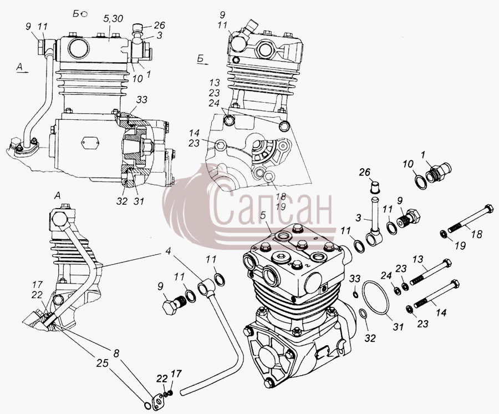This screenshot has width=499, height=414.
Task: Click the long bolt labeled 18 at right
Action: point(470,219)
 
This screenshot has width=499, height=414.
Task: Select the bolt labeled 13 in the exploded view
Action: point(430,271)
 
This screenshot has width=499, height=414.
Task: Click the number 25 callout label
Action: point(103,363)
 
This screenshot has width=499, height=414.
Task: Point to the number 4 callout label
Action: point(168,251)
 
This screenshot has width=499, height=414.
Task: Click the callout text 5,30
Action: point(113,19)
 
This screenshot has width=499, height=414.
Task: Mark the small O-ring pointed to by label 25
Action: point(147,406)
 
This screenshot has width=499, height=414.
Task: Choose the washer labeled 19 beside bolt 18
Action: point(443,234)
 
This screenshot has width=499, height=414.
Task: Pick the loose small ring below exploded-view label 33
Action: point(356,293)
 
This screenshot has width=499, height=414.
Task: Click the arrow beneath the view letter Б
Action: point(202,64)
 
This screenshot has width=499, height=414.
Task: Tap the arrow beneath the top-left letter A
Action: point(23,72)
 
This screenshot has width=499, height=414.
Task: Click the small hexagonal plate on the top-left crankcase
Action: point(91,143)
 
